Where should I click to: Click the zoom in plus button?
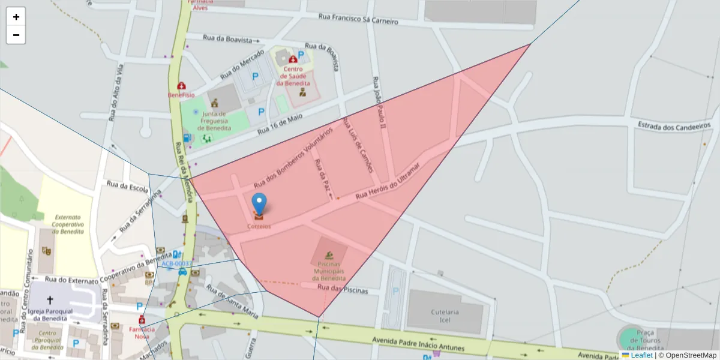(16, 17)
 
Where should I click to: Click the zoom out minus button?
(16, 35)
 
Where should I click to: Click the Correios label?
(259, 226)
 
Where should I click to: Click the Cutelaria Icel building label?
(445, 316)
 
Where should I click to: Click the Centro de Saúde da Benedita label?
(293, 76)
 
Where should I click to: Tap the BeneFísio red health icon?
(181, 86)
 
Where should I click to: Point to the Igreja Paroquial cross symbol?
(50, 299)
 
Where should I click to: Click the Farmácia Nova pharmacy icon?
(142, 319)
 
